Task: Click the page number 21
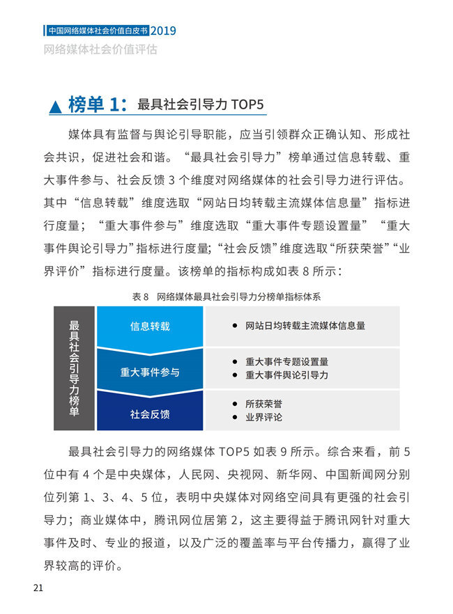coord(38,588)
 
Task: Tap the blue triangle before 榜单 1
coord(55,107)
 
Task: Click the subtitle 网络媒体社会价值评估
coord(100,49)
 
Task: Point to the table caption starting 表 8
coord(226,296)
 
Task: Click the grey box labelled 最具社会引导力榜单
coord(74,368)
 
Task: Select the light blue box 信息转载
coord(150,326)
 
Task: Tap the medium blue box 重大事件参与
coord(150,372)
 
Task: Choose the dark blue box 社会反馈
coord(150,414)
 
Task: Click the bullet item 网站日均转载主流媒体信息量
coord(305,326)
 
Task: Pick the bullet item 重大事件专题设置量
coord(286,362)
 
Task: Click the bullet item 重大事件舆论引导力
coord(286,375)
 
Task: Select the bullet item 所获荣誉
coord(263,404)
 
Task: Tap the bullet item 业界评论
coord(263,418)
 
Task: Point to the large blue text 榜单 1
coord(96,105)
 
